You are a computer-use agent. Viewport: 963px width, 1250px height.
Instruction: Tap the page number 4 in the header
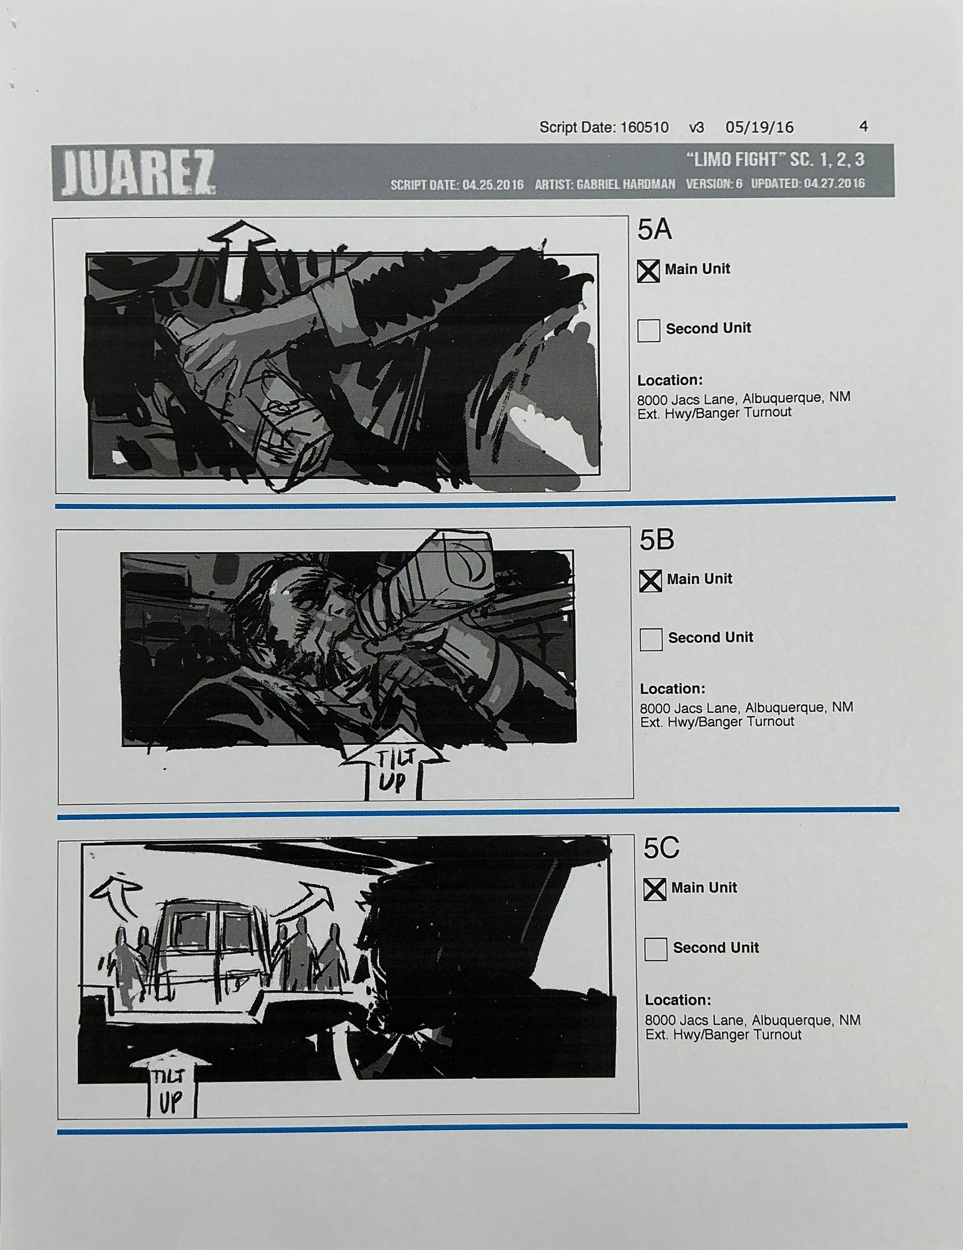click(864, 126)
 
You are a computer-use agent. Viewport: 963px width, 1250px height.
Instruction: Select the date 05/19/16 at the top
click(759, 127)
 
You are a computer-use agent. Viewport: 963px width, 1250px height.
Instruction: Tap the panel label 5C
click(661, 849)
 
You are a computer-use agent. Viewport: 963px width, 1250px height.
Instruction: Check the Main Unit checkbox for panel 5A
click(648, 271)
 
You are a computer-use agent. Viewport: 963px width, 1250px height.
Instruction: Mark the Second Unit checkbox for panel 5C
click(656, 949)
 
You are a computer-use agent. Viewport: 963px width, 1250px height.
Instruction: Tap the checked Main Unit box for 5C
click(655, 889)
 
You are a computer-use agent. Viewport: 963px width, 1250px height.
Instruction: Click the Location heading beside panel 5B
click(672, 689)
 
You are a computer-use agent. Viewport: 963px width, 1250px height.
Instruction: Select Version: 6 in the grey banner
click(714, 185)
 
